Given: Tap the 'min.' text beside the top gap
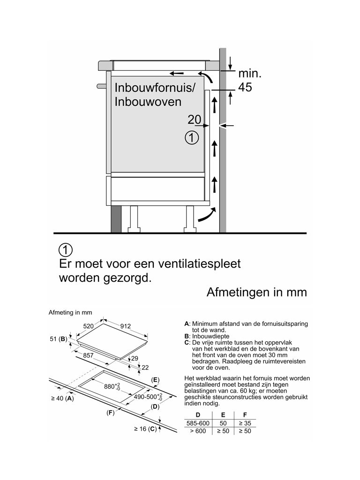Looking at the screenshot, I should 250,74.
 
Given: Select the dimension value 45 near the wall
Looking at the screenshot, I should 245,87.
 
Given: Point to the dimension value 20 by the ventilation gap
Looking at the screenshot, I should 195,120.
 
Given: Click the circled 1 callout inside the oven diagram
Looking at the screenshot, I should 192,138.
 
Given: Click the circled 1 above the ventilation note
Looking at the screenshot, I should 66,249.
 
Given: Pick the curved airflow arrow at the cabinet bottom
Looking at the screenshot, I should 206,215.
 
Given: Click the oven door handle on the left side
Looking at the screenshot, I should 101,86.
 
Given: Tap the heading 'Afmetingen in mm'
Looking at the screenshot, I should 256,292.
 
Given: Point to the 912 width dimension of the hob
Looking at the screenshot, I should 125,326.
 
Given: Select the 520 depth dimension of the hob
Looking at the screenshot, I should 90,326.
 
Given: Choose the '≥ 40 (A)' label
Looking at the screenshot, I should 62,398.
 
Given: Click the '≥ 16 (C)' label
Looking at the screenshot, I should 145,429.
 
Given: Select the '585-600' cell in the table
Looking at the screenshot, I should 198,423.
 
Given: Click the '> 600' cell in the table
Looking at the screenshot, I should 198,431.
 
